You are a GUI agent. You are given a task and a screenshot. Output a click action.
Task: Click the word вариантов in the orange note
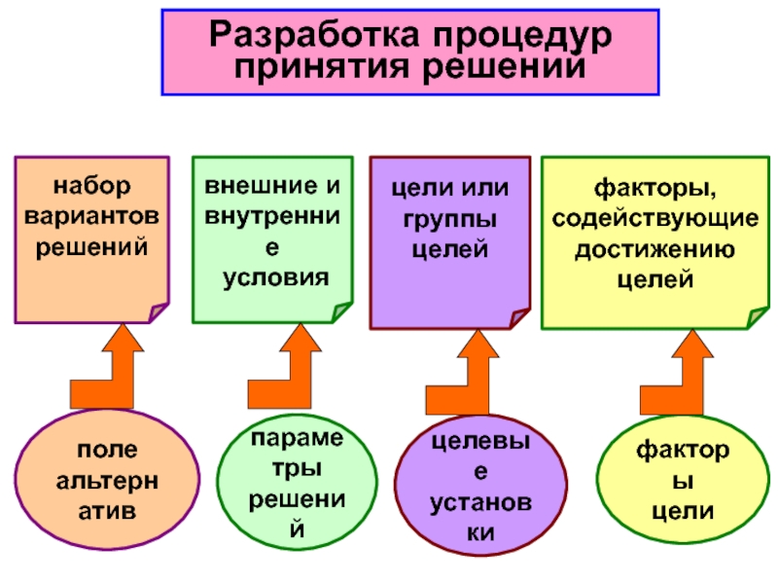(x=92, y=214)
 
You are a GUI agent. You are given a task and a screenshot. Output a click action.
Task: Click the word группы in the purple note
(x=450, y=217)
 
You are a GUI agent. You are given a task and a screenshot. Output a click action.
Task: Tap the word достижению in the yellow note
(x=654, y=247)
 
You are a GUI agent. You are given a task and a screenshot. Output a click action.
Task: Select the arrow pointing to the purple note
(x=468, y=375)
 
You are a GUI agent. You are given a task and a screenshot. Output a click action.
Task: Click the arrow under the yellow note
(x=682, y=375)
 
